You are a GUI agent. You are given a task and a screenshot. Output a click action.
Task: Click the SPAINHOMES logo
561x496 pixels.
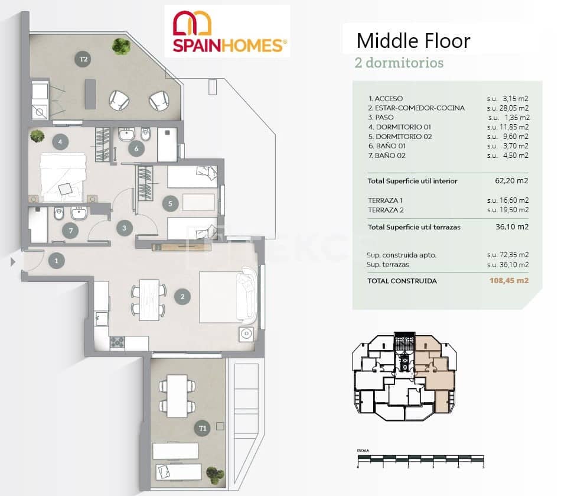pos(227,31)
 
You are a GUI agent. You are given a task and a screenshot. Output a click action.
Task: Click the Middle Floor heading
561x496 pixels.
pos(413,41)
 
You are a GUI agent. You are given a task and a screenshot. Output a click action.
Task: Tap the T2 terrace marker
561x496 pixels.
pos(84,59)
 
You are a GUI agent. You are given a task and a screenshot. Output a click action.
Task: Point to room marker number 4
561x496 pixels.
pos(58,141)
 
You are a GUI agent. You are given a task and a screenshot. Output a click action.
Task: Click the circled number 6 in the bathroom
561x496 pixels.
pos(136,148)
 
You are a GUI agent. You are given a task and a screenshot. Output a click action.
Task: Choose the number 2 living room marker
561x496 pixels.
pos(183,297)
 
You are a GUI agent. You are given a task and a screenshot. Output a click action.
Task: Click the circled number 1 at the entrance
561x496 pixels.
pos(57,260)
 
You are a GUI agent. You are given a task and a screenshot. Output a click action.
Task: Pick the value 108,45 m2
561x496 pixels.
pos(509,281)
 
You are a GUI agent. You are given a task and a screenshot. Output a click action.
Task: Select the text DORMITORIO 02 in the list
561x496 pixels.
pos(399,137)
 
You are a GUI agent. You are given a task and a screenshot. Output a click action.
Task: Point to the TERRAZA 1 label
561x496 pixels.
pos(388,200)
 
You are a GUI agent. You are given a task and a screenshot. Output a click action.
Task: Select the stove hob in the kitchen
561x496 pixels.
pos(117,342)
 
